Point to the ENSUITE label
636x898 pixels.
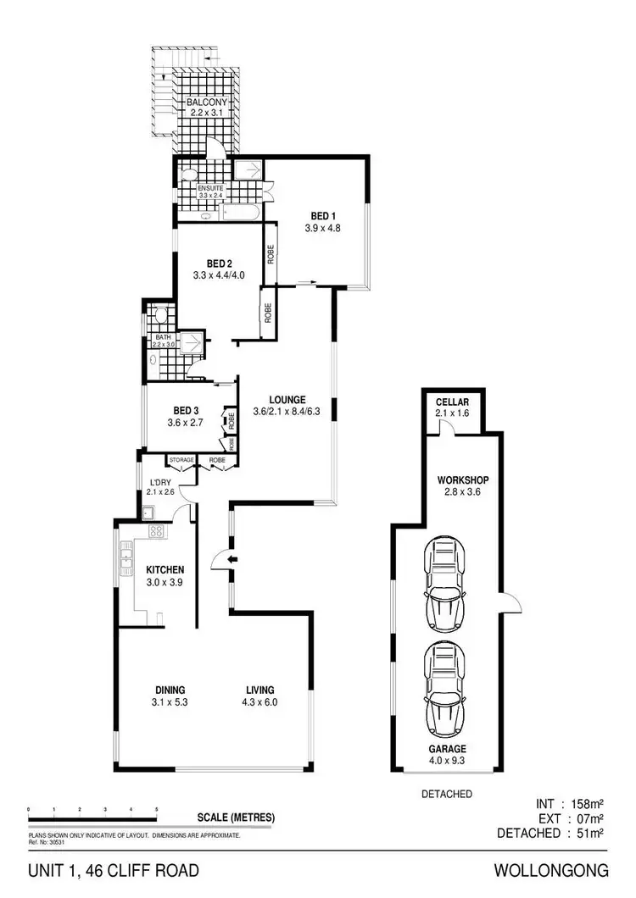point(209,187)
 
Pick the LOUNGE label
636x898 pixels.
point(287,400)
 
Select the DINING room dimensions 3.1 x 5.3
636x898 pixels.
point(170,702)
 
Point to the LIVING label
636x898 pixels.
point(259,690)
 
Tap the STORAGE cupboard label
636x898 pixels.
point(181,460)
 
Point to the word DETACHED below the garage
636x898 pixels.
point(447,794)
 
